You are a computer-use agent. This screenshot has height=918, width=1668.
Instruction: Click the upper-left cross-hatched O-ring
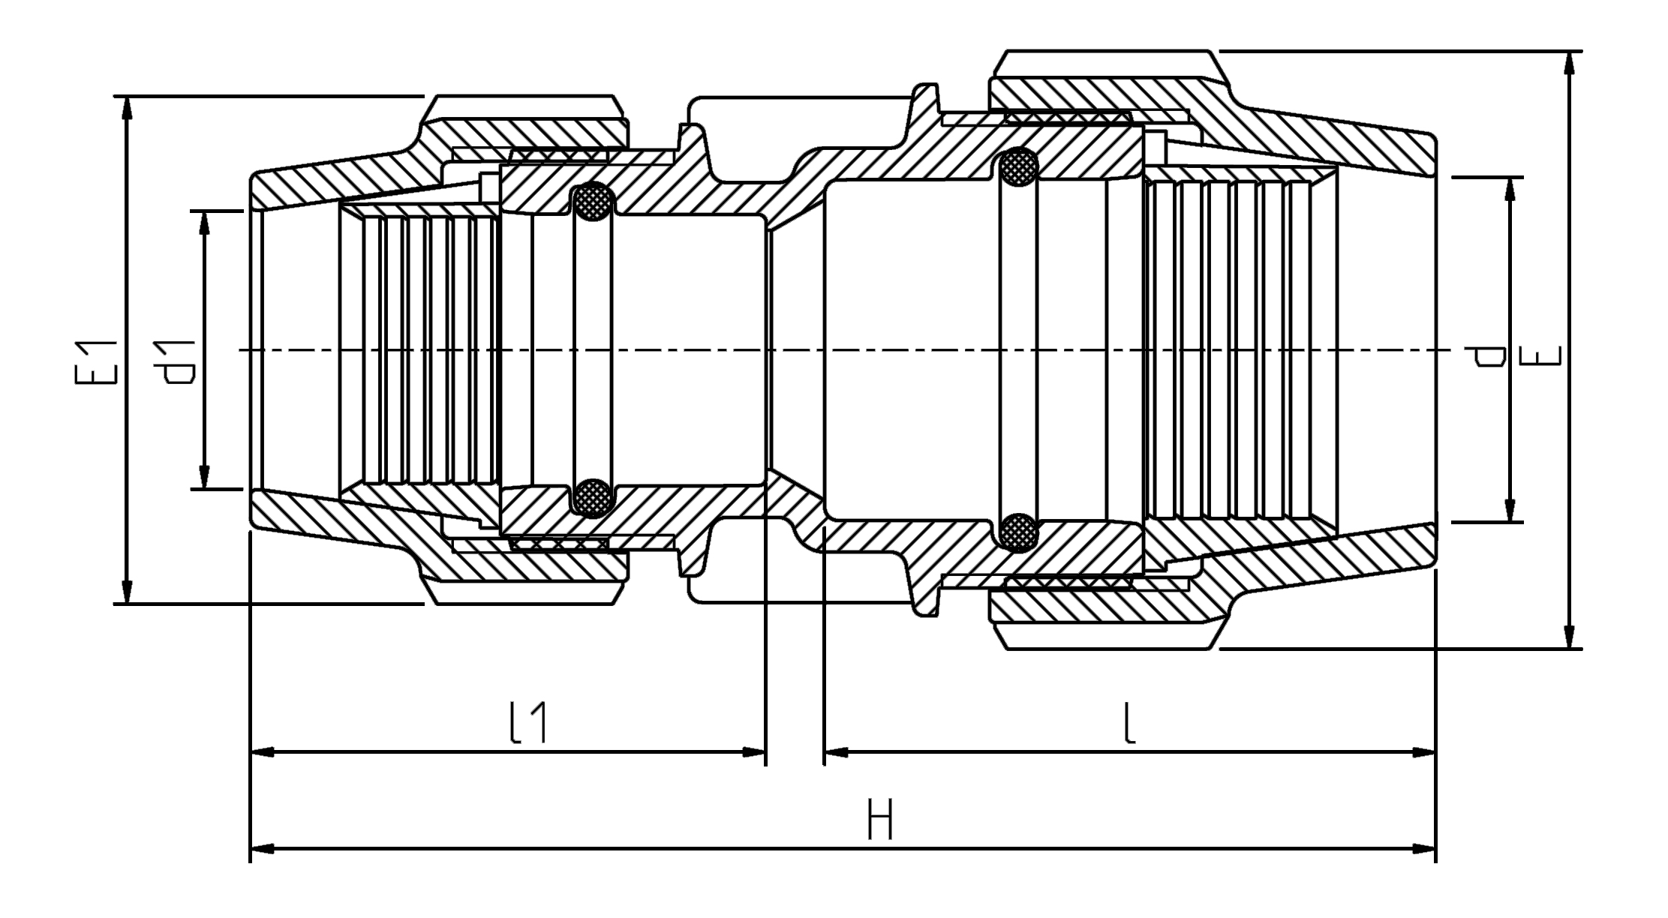(593, 203)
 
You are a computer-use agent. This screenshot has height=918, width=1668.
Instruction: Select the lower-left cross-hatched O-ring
(593, 497)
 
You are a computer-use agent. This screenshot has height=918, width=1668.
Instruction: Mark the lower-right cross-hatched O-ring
(1018, 531)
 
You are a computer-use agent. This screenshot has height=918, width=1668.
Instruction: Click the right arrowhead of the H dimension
(1423, 849)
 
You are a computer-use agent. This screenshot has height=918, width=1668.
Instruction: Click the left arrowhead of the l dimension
(835, 752)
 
